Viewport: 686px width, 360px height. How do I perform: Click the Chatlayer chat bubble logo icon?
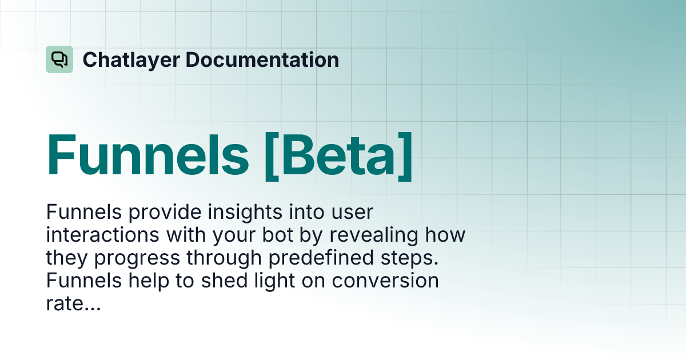(59, 59)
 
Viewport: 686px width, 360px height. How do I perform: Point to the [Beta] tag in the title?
(340, 154)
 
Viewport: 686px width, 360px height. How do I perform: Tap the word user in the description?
(351, 213)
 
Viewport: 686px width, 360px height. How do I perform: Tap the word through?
(225, 258)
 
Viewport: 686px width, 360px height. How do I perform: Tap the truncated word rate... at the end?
(73, 304)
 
